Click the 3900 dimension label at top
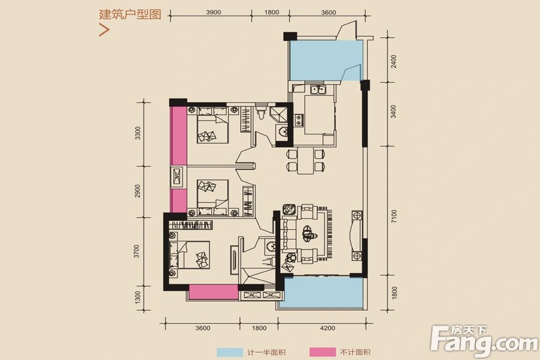click(214, 12)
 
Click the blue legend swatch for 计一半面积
click(229, 352)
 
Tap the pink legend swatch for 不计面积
click(322, 352)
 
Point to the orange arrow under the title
click(104, 31)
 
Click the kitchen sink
click(319, 91)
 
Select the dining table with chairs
click(305, 159)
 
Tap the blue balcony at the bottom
click(323, 295)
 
